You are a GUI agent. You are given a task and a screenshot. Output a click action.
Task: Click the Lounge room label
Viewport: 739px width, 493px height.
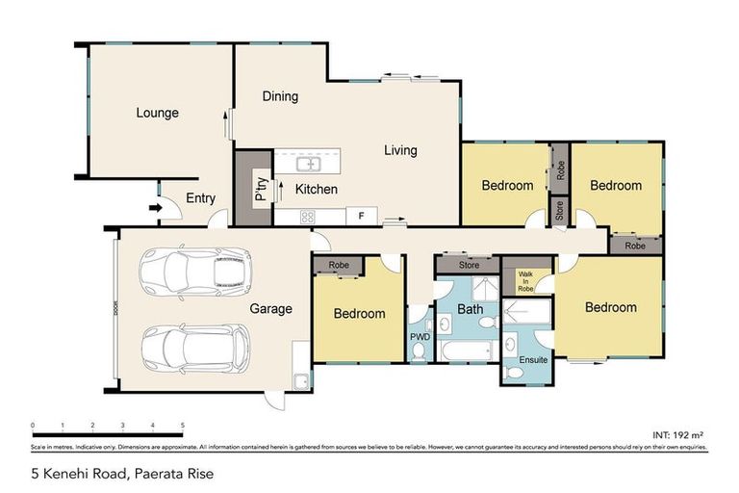[x=157, y=113]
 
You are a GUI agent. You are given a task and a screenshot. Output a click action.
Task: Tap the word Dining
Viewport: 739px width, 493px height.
[x=280, y=96]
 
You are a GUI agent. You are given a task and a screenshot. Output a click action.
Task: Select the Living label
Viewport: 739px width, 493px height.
[x=400, y=150]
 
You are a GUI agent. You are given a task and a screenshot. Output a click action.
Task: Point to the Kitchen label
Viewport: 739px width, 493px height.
[x=316, y=189]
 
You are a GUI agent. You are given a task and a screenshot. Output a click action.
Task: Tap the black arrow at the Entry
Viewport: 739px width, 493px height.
[x=155, y=207]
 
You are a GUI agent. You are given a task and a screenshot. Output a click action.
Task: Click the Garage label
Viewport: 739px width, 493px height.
[x=271, y=309]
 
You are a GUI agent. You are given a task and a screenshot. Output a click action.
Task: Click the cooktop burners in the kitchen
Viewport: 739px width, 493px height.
[x=308, y=217]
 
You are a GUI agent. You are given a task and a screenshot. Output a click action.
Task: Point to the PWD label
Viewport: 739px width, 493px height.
[x=420, y=337]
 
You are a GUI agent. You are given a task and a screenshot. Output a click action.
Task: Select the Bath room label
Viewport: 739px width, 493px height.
[x=470, y=309]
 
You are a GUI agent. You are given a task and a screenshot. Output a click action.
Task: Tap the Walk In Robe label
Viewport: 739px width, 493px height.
[x=525, y=281]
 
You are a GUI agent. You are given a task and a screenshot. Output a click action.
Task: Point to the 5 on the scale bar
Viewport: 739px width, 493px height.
[x=183, y=425]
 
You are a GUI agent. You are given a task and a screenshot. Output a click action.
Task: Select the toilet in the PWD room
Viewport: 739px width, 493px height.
[x=420, y=353]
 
